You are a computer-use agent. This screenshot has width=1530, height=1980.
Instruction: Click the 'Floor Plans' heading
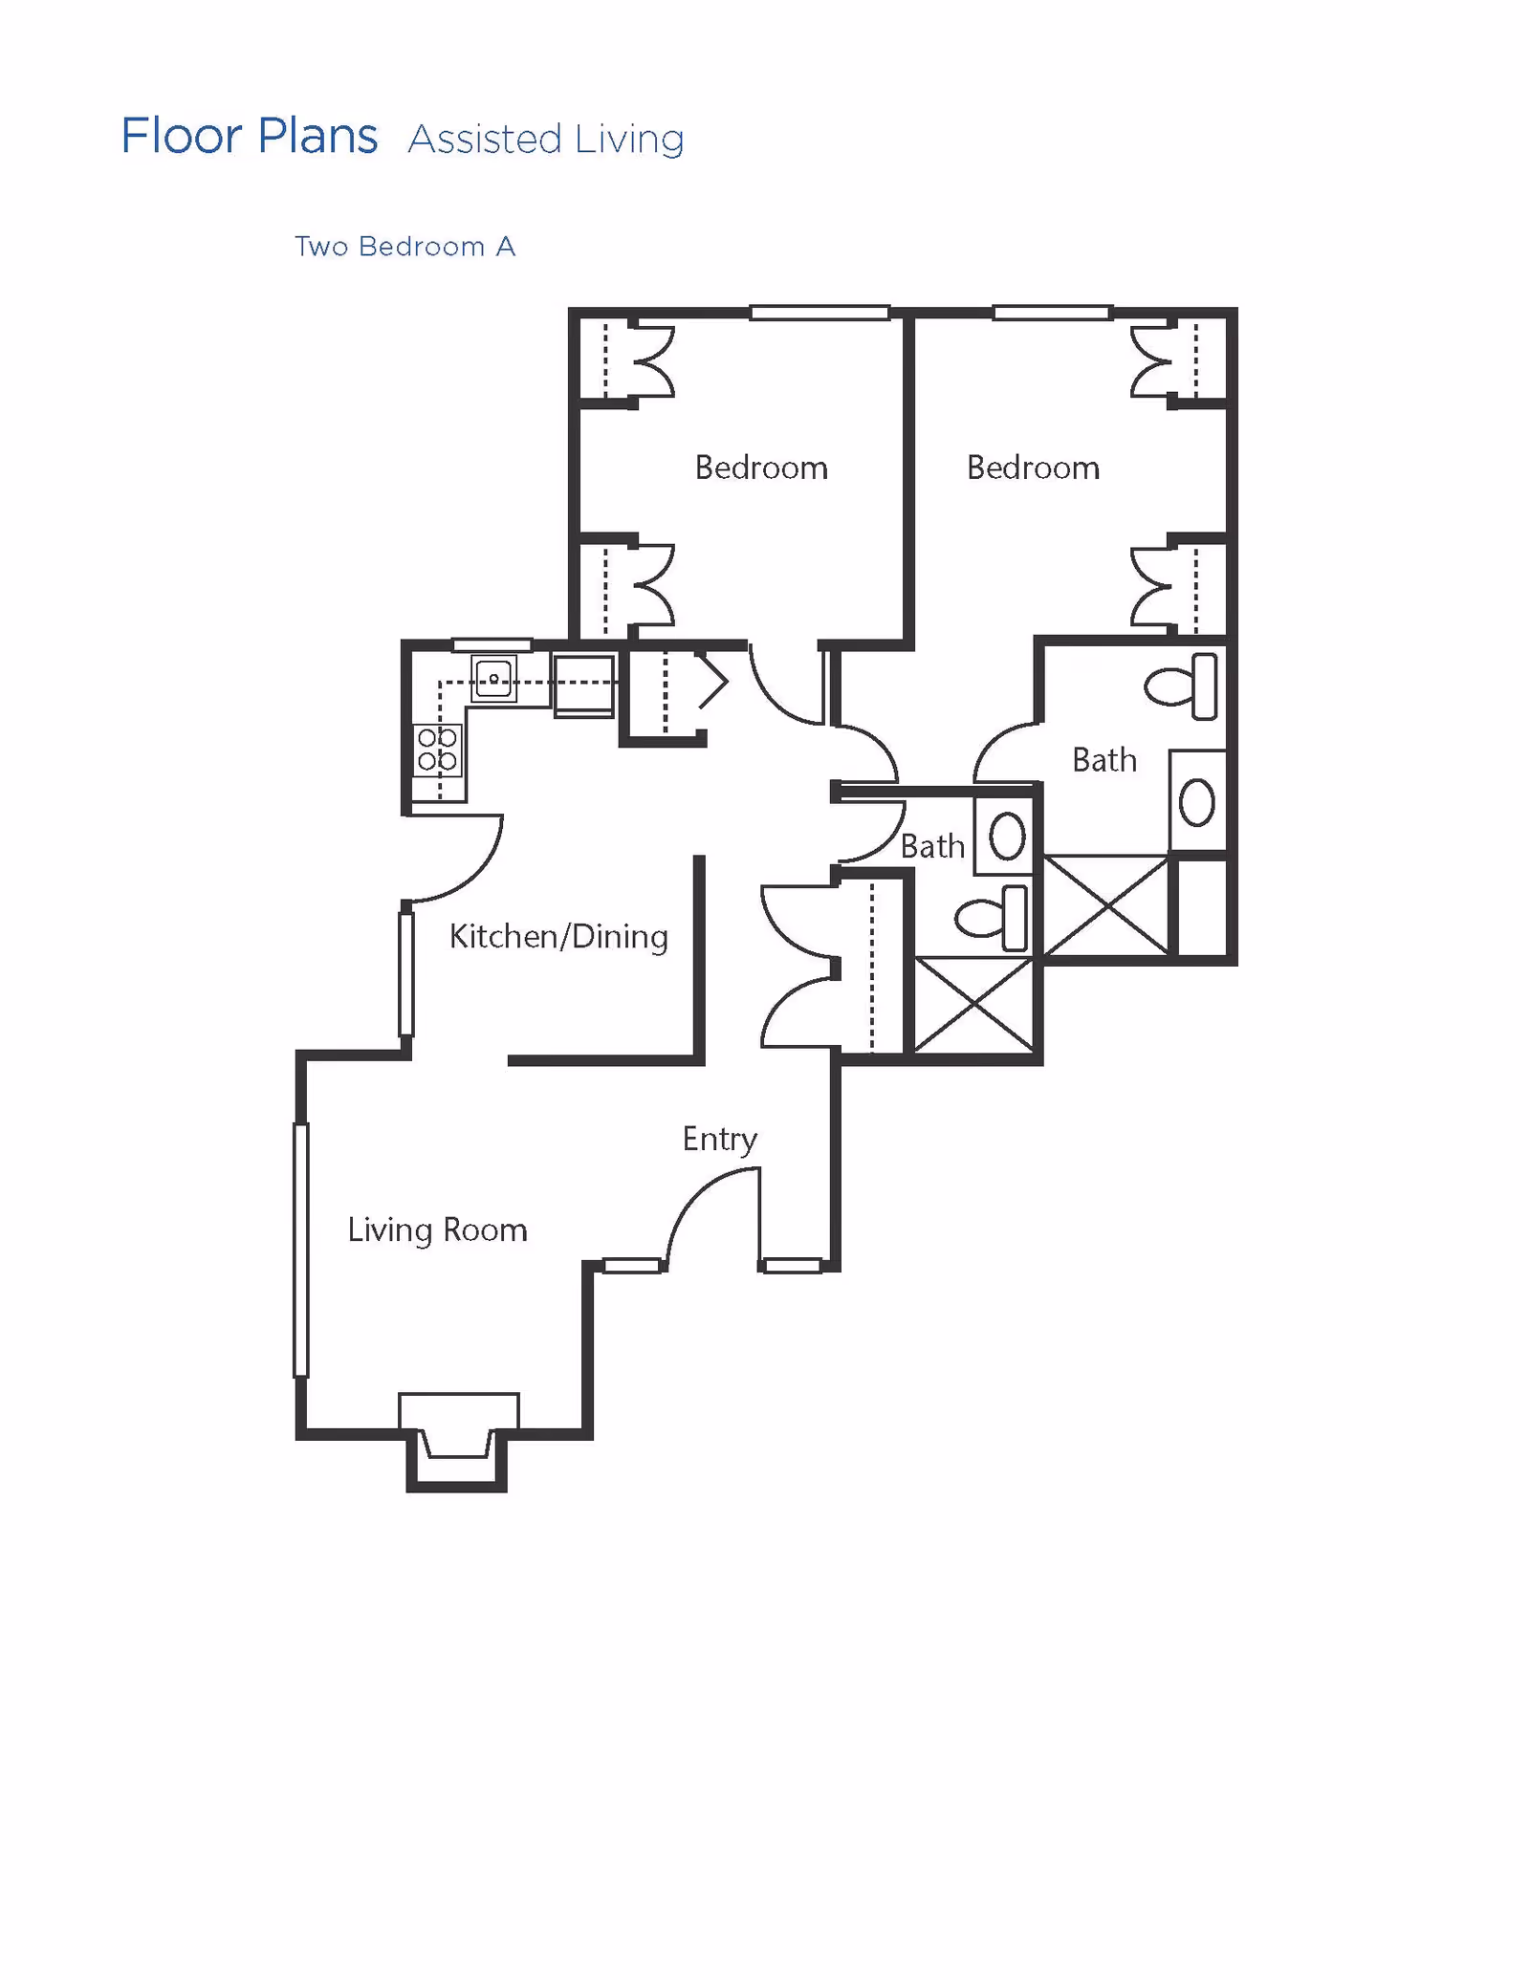coord(249,136)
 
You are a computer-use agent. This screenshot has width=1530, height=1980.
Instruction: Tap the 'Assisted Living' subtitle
coord(545,140)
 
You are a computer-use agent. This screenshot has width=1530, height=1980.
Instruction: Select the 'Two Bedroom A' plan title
coord(404,247)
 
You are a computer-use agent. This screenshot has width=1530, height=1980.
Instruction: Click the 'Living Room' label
coord(437,1229)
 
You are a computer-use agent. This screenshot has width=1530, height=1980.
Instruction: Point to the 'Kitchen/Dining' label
coord(558,937)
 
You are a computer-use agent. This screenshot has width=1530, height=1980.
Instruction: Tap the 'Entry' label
coord(719,1139)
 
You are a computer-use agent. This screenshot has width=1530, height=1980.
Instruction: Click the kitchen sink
coord(493,679)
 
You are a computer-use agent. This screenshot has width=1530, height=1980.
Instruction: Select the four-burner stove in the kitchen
coord(437,750)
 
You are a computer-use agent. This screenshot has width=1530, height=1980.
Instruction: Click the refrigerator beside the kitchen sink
coord(583,685)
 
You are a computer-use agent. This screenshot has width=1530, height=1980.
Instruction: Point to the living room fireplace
coord(458,1440)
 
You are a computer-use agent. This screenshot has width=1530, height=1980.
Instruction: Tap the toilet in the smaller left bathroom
coord(993,918)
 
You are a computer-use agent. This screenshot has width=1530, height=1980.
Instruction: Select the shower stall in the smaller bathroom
coord(973,1005)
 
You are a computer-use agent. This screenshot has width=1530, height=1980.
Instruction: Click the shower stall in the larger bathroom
coord(1106,905)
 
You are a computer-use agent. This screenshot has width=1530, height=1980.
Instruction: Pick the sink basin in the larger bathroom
coord(1196,802)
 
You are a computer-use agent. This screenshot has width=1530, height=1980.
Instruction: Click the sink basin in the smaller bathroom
coord(1006,837)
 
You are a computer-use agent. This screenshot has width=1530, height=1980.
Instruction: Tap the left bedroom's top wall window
coord(820,313)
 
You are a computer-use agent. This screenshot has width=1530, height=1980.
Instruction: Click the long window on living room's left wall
coord(300,1250)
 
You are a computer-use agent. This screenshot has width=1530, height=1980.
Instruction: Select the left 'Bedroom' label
coord(760,468)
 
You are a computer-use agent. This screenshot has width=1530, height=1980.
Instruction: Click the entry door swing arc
coord(703,1209)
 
